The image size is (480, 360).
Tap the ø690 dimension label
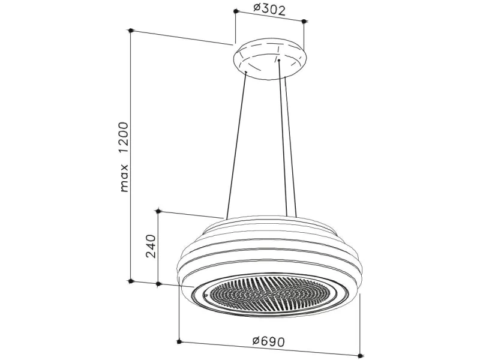pos(268,341)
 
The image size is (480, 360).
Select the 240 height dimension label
pos(151,246)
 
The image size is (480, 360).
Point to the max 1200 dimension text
pos(124,157)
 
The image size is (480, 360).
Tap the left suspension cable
pos(236,145)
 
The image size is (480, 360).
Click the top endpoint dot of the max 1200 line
pos(131,31)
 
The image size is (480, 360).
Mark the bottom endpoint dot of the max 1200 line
pos(131,281)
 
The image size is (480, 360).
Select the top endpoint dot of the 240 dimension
pos(158,211)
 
